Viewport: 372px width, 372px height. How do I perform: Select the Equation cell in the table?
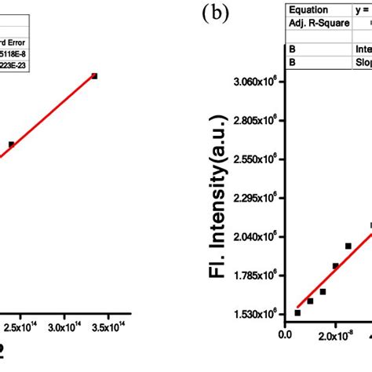(x=310, y=10)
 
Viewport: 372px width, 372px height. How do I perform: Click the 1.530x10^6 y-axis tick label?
(x=256, y=314)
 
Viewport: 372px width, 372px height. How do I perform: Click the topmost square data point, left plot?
(x=94, y=76)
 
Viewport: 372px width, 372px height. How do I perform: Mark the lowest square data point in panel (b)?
(x=297, y=312)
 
